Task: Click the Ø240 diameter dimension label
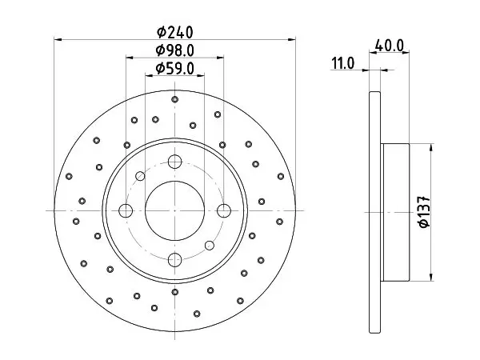[174, 32]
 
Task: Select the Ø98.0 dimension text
[174, 50]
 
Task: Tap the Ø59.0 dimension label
[174, 69]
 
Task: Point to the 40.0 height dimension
[390, 46]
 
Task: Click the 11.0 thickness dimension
[343, 64]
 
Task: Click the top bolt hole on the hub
[174, 162]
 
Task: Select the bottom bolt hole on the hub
[174, 259]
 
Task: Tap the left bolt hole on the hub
[126, 210]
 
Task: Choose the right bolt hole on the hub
[224, 210]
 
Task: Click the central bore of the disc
[174, 210]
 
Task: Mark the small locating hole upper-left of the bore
[140, 176]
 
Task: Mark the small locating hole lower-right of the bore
[210, 246]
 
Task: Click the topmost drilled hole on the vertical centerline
[174, 99]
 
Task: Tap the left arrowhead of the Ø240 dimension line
[58, 39]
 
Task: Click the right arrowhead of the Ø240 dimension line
[292, 39]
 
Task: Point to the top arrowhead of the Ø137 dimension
[431, 147]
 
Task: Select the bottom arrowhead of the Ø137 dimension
[431, 277]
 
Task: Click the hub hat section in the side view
[395, 212]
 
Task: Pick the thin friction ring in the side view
[375, 212]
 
